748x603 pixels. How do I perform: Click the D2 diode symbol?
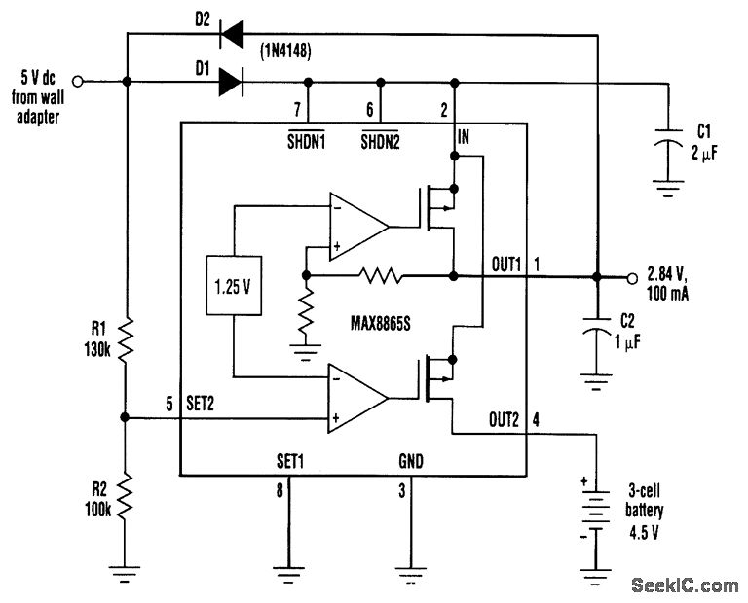tap(231, 36)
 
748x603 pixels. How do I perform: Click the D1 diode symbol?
tap(231, 82)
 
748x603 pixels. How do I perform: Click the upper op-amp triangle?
tap(355, 228)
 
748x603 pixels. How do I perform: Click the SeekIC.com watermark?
tap(685, 585)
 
